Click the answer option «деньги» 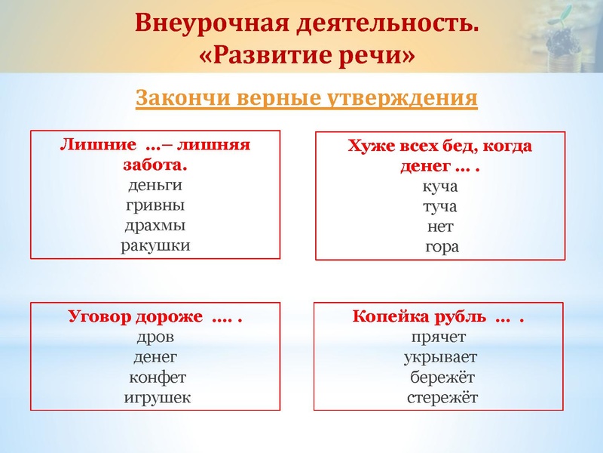[x=155, y=185]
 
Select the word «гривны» [x=155, y=205]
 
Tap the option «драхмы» [x=155, y=226]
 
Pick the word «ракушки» [x=155, y=245]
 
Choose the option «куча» [x=440, y=186]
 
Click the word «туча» [x=440, y=206]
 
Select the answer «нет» [x=440, y=226]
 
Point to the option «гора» [x=440, y=247]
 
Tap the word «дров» [x=155, y=337]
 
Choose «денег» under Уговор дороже [x=155, y=357]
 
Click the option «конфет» [x=157, y=377]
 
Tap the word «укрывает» [x=440, y=357]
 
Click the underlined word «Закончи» [x=182, y=98]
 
